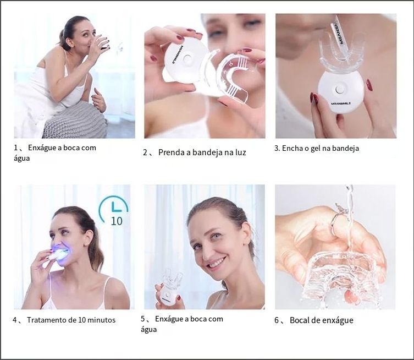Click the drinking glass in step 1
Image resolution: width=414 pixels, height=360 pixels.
click(x=102, y=42)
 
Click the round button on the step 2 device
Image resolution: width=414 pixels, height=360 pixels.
click(x=187, y=58)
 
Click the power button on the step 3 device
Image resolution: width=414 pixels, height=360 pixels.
click(x=339, y=90)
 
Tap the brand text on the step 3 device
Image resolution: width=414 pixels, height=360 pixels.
click(x=340, y=103)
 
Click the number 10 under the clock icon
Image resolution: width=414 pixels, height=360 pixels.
click(x=117, y=221)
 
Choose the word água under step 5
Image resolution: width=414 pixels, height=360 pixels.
click(x=148, y=329)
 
